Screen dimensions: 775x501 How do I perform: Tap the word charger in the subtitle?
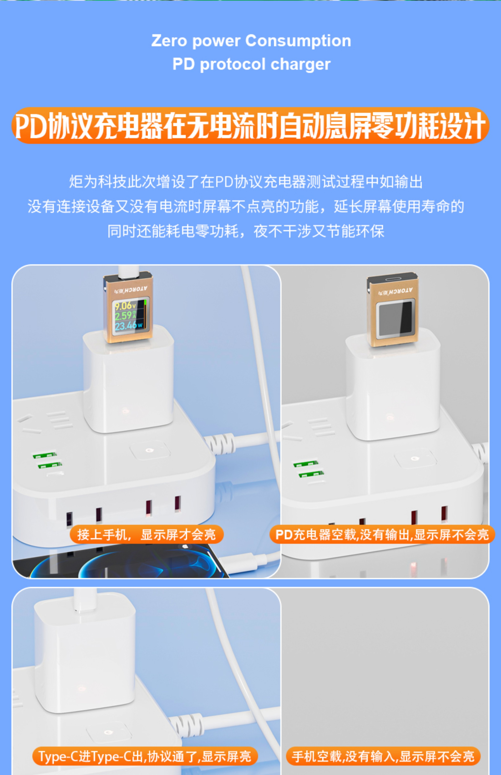[300, 64]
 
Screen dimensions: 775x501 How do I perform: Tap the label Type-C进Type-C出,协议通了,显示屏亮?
[145, 756]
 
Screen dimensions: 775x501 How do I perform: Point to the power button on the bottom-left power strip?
[108, 732]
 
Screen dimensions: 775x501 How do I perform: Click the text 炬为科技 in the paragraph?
[98, 182]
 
